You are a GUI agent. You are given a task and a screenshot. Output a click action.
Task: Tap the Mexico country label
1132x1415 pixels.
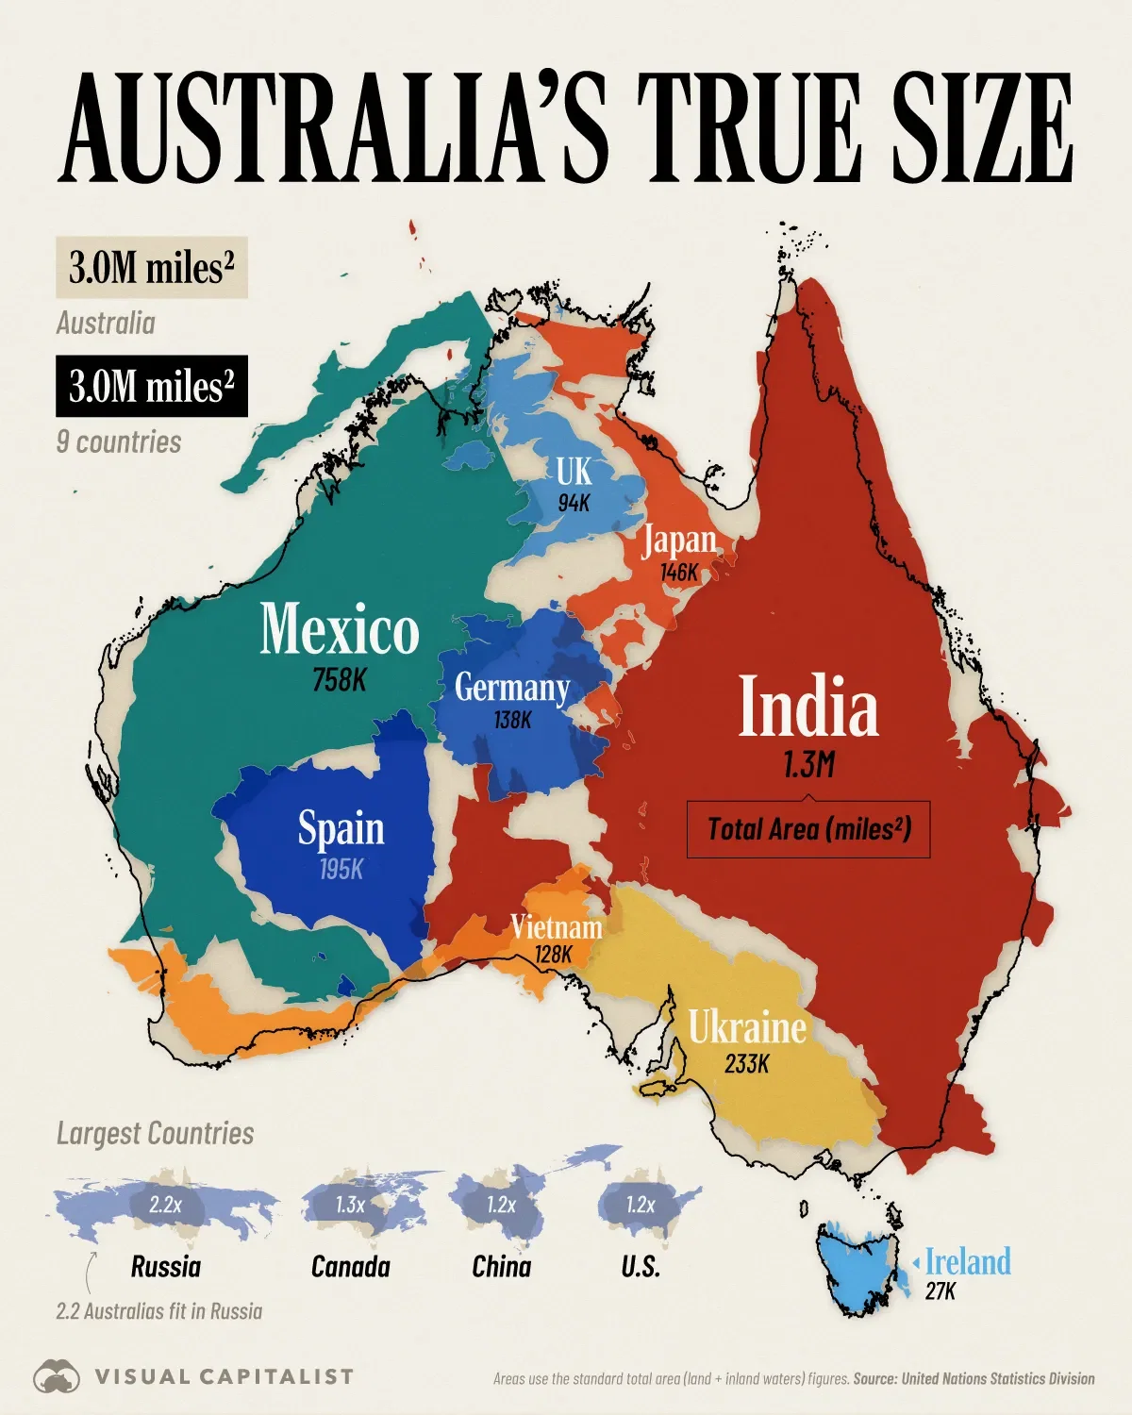(x=340, y=629)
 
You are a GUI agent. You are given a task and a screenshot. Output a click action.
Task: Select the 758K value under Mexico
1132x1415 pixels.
(x=339, y=679)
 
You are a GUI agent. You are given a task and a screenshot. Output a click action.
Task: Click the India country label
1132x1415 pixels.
(x=808, y=707)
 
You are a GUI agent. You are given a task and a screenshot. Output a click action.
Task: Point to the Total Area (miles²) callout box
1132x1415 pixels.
(x=808, y=829)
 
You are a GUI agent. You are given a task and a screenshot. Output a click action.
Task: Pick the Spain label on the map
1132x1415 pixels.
(x=341, y=828)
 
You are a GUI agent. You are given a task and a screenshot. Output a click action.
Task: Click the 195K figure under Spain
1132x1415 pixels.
(x=341, y=869)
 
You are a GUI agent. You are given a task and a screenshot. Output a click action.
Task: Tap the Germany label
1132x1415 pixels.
(x=512, y=688)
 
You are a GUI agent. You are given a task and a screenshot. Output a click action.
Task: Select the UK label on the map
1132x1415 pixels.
(x=574, y=471)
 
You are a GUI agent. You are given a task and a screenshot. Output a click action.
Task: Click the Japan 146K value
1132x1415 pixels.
(x=679, y=572)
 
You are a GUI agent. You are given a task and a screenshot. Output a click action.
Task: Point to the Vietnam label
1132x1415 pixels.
(x=557, y=927)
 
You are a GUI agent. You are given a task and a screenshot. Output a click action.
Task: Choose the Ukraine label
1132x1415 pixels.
(x=747, y=1027)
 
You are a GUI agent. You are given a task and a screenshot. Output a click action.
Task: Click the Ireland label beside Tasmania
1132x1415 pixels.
(x=967, y=1261)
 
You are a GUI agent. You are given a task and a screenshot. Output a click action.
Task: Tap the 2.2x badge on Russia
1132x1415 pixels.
(x=164, y=1205)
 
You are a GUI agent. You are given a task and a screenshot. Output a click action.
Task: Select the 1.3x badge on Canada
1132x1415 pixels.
(x=350, y=1205)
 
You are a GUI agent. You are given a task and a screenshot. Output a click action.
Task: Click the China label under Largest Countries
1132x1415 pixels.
(x=501, y=1266)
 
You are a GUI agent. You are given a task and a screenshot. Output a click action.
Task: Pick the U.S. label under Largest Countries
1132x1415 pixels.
(x=641, y=1266)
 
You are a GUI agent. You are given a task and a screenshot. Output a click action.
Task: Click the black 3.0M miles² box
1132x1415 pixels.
(x=151, y=386)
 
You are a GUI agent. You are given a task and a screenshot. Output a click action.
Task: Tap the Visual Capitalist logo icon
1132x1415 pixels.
(x=58, y=1376)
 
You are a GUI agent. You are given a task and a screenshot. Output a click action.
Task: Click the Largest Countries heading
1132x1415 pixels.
(x=155, y=1133)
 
